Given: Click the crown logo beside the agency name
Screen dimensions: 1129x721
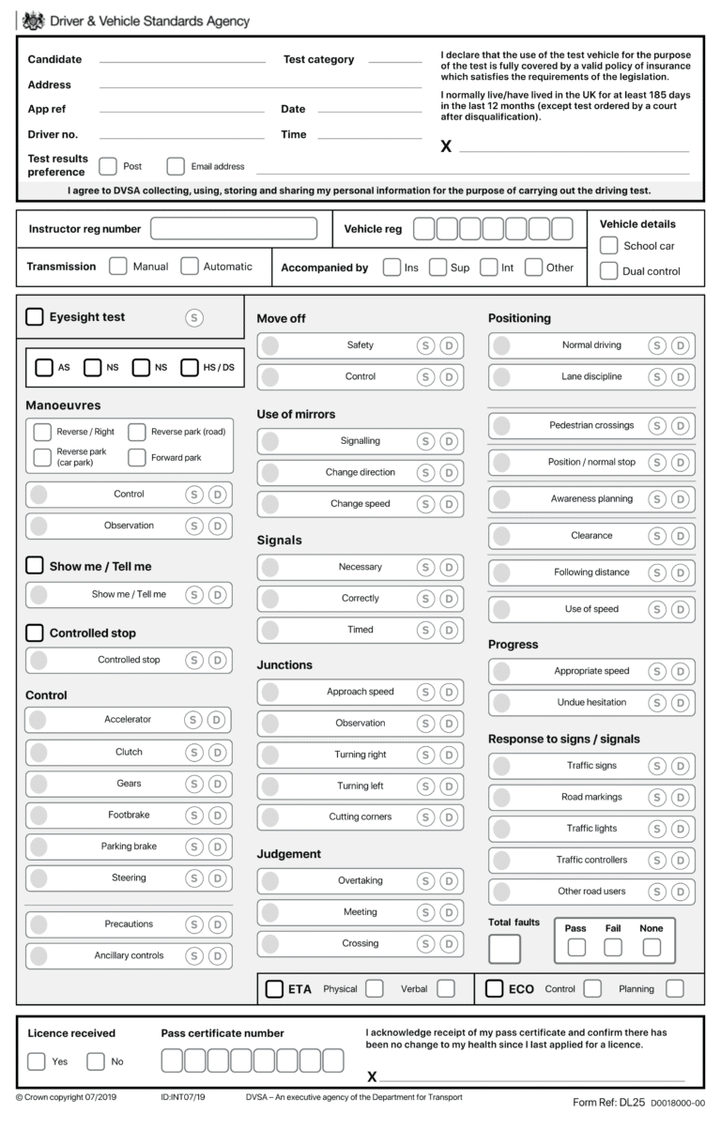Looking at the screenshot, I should coord(32,21).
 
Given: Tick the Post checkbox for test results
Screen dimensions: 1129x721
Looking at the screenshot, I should coord(108,166).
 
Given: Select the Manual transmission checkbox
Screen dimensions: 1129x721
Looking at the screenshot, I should coord(118,266).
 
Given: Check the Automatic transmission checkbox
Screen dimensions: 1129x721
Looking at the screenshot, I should coord(190,266).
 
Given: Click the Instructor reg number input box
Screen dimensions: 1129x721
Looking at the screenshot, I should coord(234,228).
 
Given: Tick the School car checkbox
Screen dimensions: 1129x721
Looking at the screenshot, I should coord(609,246).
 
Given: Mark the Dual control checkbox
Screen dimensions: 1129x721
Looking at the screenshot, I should coord(609,271).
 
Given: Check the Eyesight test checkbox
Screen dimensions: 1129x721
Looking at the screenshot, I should coord(35,317).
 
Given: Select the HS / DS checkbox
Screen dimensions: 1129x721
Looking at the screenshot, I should coord(190,367).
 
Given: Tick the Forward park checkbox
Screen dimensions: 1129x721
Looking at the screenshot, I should coord(136,458).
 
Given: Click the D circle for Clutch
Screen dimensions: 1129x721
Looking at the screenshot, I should coord(218,752).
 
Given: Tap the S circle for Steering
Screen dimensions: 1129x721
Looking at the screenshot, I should coord(194,878).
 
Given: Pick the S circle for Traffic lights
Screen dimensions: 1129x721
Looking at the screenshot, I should coord(657,829).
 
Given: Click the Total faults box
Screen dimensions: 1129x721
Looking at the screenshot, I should coord(504,949).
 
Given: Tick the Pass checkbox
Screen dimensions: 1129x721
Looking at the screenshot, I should coord(576,947).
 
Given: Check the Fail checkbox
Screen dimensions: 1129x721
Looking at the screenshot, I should coord(613,947).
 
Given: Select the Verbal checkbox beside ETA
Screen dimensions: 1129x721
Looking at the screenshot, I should coord(446,988).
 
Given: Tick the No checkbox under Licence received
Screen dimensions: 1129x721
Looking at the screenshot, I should coord(96,1061).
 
